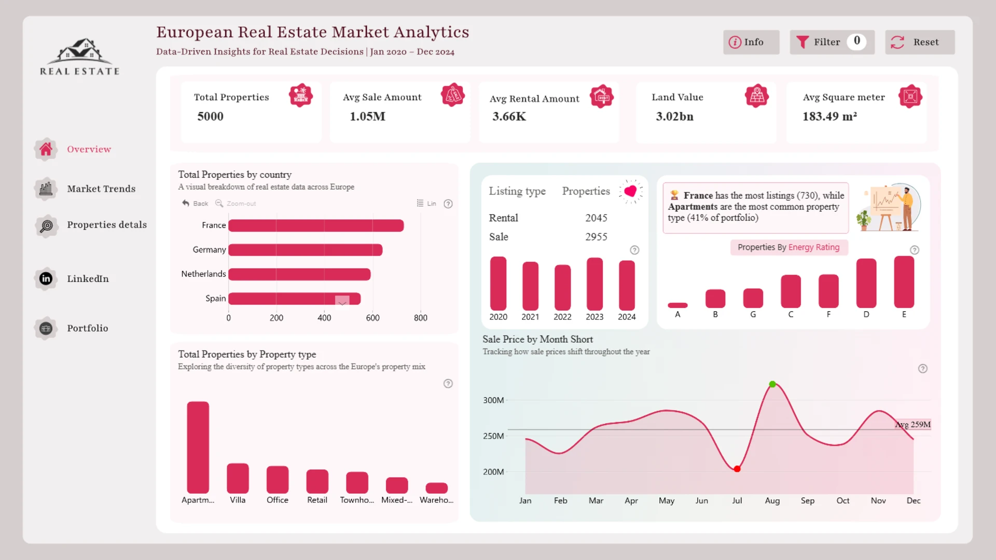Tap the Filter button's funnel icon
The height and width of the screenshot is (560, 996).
[x=803, y=42]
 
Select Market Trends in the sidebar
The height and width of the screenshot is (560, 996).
[x=101, y=189]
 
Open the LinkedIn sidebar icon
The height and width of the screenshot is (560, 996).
[x=46, y=278]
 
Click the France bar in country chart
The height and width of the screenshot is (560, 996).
[x=316, y=226]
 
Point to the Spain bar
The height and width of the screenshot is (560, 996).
[x=294, y=299]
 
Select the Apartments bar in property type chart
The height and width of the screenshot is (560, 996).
[x=198, y=447]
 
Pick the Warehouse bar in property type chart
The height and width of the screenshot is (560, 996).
[x=436, y=488]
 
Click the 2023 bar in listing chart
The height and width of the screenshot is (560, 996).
[x=594, y=284]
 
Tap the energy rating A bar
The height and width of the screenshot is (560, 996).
[x=677, y=305]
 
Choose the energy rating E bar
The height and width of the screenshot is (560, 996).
[x=904, y=282]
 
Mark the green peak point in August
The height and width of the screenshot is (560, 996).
[x=772, y=384]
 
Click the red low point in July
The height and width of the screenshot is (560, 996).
[x=737, y=469]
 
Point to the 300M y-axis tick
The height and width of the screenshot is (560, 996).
[x=493, y=400]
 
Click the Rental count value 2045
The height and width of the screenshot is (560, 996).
[x=596, y=218]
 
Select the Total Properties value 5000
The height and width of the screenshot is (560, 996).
[x=210, y=116]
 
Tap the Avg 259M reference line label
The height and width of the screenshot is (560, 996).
[x=912, y=425]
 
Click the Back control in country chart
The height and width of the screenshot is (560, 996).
[x=196, y=203]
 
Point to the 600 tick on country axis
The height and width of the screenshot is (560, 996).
[x=372, y=318]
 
